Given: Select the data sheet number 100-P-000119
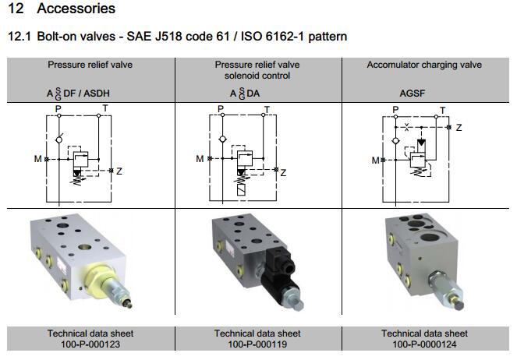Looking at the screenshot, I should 257,344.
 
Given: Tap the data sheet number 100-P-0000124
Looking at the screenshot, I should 425,344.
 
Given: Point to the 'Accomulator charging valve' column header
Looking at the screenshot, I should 424,65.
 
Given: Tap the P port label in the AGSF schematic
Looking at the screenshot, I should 395,110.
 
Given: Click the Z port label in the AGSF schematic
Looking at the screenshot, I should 459,127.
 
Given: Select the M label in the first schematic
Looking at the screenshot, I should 37,159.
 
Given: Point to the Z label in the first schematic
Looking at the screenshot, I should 119,171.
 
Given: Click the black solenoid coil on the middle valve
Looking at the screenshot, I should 278,272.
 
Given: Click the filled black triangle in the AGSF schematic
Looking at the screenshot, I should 422,143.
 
